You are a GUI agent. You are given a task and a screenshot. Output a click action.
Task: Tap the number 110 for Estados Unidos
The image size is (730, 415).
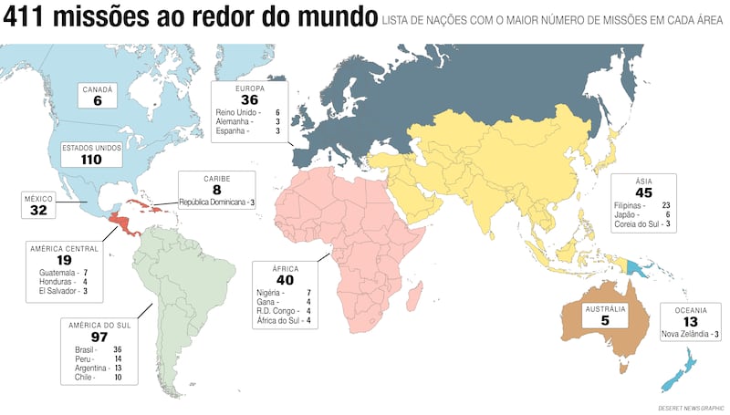point(90,159)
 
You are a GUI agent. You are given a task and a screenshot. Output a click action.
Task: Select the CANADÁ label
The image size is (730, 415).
point(97,89)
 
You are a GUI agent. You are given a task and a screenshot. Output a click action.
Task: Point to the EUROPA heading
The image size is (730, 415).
point(249,89)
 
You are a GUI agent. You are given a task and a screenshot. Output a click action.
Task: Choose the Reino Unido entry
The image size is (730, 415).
point(235,112)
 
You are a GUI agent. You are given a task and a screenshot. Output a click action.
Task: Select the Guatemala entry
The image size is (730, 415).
point(57,273)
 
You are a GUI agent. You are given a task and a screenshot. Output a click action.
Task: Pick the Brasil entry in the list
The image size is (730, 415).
point(85,349)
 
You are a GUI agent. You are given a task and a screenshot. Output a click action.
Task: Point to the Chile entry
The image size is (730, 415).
point(84,377)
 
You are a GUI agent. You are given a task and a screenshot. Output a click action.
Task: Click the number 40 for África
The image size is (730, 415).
point(285,281)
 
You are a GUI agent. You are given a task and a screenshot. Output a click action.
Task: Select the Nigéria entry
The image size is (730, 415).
point(271,293)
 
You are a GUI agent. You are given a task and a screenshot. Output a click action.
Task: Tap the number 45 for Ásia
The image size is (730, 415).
point(644,192)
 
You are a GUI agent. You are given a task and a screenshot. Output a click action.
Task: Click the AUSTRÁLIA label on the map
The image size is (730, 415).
point(605,309)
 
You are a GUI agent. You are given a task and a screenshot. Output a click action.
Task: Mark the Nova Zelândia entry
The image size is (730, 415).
point(686,335)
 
